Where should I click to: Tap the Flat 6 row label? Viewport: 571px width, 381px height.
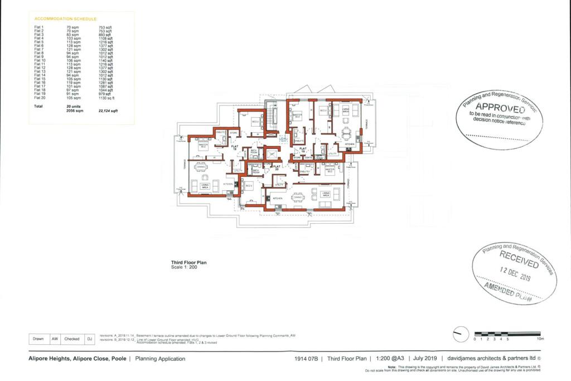(x=38, y=46)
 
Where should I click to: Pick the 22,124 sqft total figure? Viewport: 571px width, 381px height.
(x=108, y=111)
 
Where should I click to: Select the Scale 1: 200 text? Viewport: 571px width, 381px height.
(x=184, y=267)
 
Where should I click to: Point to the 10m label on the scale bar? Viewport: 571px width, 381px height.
(x=540, y=339)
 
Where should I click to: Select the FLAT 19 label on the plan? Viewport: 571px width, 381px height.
(x=303, y=149)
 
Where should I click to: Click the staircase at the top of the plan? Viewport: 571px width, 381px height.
(x=272, y=117)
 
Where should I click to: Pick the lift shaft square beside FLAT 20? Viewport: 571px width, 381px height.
(x=272, y=153)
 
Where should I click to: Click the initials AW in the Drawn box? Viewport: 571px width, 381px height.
(x=55, y=338)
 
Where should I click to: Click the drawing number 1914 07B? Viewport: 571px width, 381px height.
(x=307, y=359)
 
